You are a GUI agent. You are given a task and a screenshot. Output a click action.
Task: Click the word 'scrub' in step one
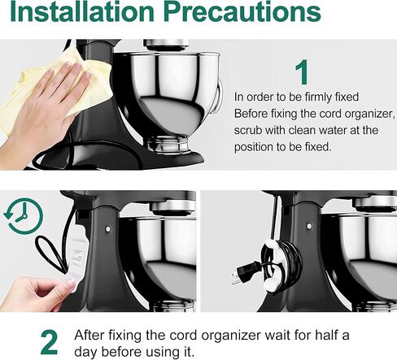248,129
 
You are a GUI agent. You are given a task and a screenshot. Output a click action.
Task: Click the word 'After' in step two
89,335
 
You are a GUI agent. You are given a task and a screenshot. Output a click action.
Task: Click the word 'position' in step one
255,147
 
